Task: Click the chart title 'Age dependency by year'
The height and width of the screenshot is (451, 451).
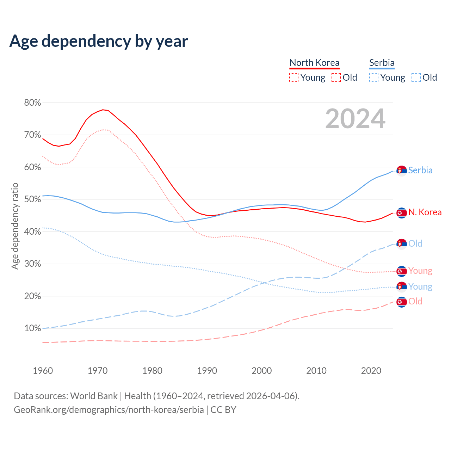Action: click(99, 41)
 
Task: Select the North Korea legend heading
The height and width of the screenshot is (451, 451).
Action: click(314, 63)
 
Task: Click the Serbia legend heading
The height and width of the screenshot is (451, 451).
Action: click(382, 63)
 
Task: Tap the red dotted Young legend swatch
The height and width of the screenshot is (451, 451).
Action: click(294, 78)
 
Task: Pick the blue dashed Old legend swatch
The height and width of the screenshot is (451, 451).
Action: click(416, 78)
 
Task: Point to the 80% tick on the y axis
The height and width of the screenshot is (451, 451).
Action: click(33, 103)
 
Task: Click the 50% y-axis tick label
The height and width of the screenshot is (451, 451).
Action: click(33, 199)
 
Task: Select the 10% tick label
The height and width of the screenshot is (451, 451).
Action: click(33, 328)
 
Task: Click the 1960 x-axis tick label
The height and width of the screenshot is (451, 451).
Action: click(43, 371)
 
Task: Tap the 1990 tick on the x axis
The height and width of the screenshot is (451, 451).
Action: click(207, 371)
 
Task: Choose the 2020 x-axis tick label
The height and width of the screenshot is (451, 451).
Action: click(371, 371)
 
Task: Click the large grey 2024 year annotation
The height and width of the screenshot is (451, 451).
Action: click(355, 119)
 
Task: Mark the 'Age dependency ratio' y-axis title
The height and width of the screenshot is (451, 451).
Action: click(15, 226)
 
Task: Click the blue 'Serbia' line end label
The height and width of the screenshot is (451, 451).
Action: click(420, 170)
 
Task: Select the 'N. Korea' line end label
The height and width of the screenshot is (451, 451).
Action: click(425, 212)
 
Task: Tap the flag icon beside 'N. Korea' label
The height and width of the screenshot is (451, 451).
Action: click(402, 213)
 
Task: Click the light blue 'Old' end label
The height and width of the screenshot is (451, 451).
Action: click(415, 243)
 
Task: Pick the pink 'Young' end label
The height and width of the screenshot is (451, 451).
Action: click(420, 271)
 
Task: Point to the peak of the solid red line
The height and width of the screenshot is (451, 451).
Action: click(103, 110)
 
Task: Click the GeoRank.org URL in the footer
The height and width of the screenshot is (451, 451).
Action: click(109, 410)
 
